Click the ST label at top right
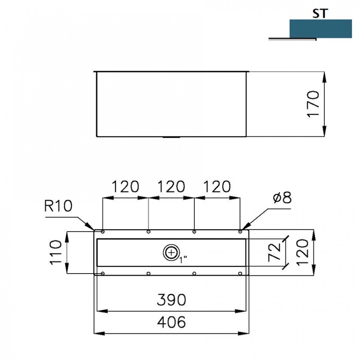point(320,14)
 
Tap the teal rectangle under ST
point(321,29)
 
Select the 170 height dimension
point(313,104)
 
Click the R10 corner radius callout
point(58,206)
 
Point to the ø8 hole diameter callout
point(282,197)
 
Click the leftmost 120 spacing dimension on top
point(125,186)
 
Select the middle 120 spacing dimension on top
point(171,186)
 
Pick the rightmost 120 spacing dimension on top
point(217,186)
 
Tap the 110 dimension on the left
point(56,252)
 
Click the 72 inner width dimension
point(274,252)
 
